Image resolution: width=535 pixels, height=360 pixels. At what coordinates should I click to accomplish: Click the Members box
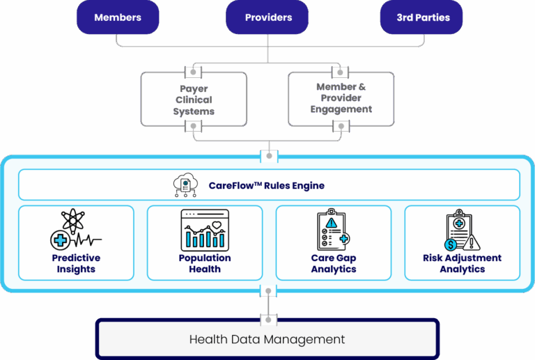tap(117, 17)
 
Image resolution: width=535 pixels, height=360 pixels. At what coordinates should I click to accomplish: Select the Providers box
tap(267, 17)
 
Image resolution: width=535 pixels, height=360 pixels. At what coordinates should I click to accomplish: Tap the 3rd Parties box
tap(423, 17)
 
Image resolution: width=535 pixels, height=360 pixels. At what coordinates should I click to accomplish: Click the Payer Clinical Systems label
tap(194, 100)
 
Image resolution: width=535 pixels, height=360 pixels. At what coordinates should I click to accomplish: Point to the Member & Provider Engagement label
tap(341, 98)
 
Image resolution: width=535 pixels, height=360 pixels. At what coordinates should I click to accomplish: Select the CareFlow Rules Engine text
tap(267, 186)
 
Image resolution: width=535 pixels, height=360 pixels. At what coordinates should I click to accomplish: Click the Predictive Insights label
tap(76, 263)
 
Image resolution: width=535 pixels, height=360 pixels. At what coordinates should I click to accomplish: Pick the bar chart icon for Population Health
tap(204, 230)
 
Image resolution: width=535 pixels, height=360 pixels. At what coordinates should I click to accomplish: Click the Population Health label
tap(204, 263)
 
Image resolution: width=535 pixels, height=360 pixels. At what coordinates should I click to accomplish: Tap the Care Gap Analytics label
tap(334, 263)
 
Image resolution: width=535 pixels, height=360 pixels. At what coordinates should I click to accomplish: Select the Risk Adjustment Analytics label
tap(462, 263)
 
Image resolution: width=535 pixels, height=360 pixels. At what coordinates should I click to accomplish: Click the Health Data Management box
tap(267, 340)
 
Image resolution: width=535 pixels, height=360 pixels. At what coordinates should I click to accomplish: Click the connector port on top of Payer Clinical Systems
tap(194, 72)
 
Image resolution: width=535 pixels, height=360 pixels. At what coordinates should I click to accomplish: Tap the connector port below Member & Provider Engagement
tap(341, 127)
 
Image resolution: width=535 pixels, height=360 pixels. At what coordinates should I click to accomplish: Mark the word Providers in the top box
tap(267, 17)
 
